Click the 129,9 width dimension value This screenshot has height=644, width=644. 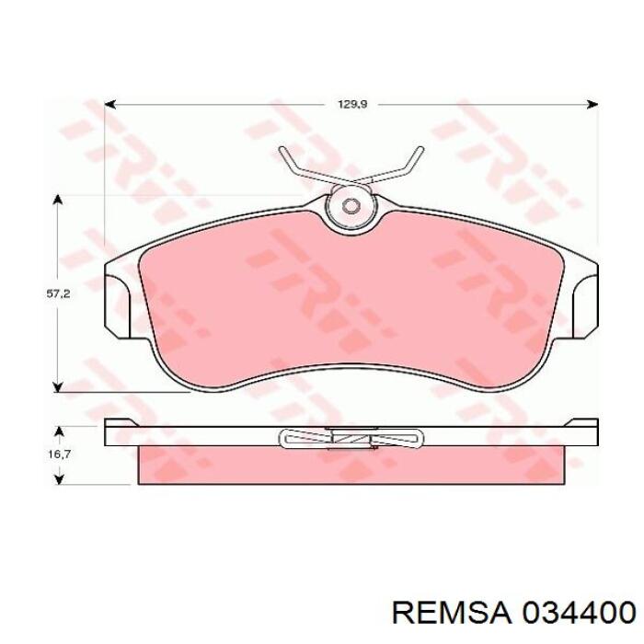click(x=352, y=104)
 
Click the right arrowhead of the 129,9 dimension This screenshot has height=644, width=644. click(x=592, y=104)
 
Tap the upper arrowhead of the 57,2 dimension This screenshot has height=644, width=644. click(x=58, y=201)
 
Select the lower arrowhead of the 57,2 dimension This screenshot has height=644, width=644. click(x=58, y=386)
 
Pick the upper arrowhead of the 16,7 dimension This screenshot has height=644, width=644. click(x=60, y=432)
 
